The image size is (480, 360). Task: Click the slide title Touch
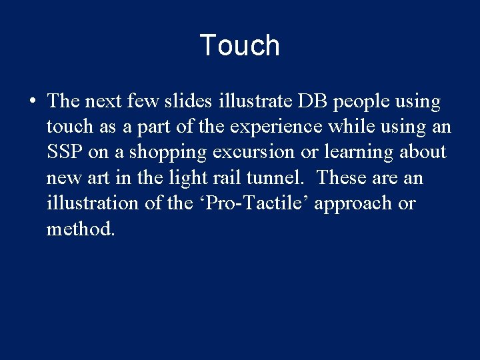(x=239, y=45)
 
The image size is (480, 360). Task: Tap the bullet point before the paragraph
(x=32, y=102)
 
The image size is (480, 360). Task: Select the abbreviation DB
(x=313, y=101)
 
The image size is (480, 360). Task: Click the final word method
(x=81, y=229)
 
